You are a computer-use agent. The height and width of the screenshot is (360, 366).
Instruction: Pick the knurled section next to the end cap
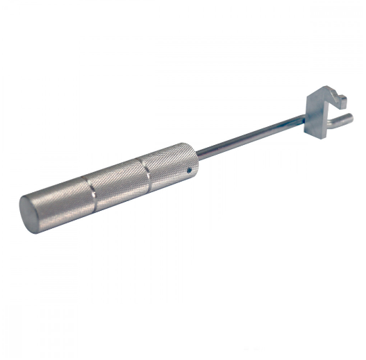tap(63, 203)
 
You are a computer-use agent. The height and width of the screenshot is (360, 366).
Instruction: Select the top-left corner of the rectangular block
tap(306, 96)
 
